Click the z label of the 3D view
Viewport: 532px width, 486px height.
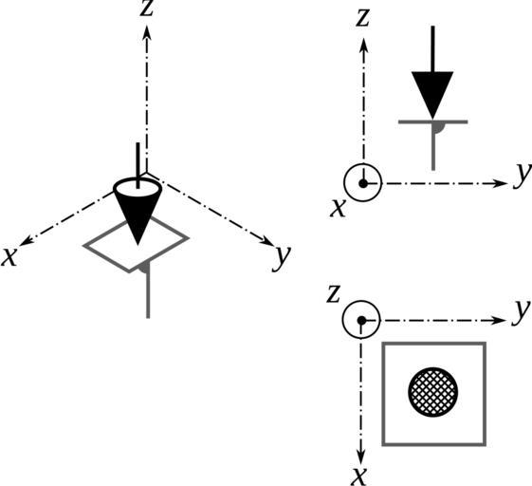click(x=147, y=9)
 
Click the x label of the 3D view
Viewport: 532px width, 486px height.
click(x=9, y=257)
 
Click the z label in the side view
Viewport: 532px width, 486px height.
click(x=362, y=19)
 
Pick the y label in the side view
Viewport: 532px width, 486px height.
click(x=523, y=176)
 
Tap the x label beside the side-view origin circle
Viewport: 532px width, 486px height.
click(x=339, y=208)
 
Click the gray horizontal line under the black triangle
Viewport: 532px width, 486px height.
click(x=433, y=121)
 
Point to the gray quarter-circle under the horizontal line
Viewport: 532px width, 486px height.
click(x=438, y=128)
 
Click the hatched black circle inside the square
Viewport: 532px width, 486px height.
click(x=433, y=392)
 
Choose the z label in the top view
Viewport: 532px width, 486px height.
click(x=333, y=295)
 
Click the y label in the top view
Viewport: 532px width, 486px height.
click(x=522, y=311)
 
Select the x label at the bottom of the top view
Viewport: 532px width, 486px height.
click(x=359, y=477)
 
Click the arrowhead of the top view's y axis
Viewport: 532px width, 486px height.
click(x=499, y=320)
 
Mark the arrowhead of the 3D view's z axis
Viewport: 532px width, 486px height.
click(x=147, y=33)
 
